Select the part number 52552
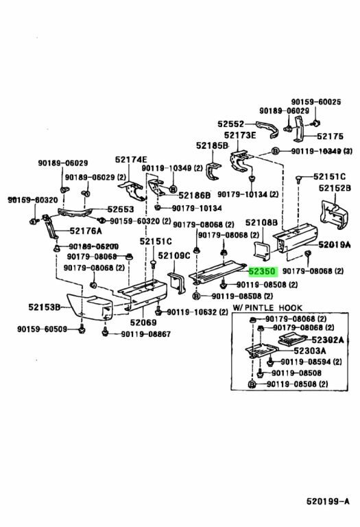coord(231,124)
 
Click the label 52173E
coord(242,136)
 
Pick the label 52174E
coord(131,159)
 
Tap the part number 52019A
coord(334,244)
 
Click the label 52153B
coord(49,307)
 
